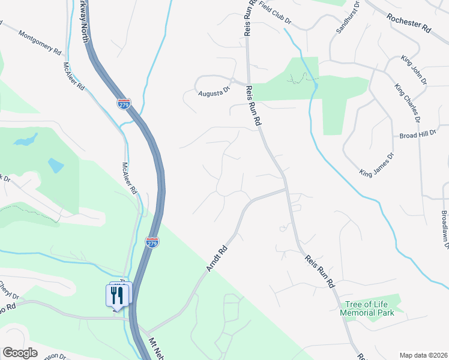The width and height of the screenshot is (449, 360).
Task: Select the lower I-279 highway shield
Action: (152, 242)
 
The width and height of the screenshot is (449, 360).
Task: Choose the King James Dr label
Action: (377, 164)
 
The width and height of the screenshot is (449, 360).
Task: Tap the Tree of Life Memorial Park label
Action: (370, 308)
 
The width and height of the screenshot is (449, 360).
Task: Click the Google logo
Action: (20, 353)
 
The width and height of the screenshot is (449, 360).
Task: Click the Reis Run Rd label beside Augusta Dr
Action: (253, 106)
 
